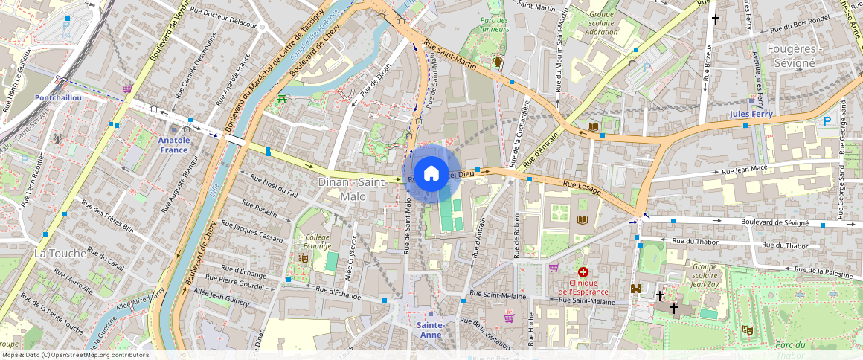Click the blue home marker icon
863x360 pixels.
point(431,174)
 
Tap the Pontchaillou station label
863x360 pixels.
point(57,97)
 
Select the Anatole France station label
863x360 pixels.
point(174,144)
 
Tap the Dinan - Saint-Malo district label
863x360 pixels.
point(353,189)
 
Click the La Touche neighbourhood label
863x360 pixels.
point(58,253)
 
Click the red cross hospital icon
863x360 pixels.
point(583,273)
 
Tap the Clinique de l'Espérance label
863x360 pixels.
point(583,287)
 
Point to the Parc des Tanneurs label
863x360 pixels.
point(494,25)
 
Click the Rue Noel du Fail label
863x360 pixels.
point(274,185)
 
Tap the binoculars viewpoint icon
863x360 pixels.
point(636,289)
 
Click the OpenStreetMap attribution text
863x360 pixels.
point(75,355)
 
